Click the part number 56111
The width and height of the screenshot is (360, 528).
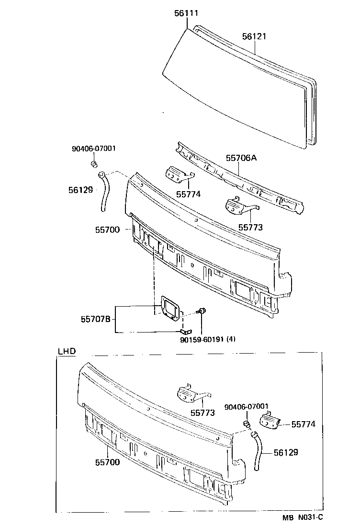(186, 13)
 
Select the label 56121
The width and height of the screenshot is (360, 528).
(254, 36)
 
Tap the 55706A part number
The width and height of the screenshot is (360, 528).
(241, 158)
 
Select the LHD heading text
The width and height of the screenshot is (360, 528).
(67, 351)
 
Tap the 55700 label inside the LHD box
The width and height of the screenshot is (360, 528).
(107, 462)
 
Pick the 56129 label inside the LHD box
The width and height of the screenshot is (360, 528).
(286, 452)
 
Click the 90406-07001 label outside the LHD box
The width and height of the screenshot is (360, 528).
(93, 149)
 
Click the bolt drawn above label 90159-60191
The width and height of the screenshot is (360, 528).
(202, 312)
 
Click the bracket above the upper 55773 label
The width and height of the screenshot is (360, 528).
(239, 206)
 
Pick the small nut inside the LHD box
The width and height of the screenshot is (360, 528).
(247, 424)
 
